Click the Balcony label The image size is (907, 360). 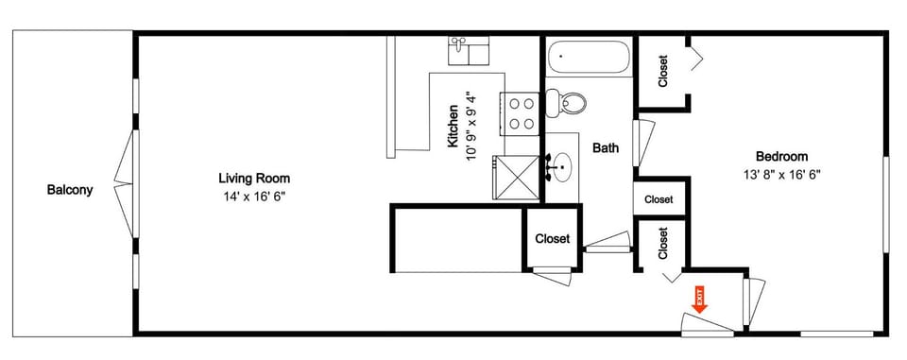pos(70,190)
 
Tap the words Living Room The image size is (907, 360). pos(254,178)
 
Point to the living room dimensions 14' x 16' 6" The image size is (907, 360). pos(253,197)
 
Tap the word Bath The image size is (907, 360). pos(606,147)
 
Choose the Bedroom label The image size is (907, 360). pos(781,156)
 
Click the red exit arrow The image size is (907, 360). pos(700,301)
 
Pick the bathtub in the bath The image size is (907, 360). pos(588,58)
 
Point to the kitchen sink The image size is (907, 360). pos(469,50)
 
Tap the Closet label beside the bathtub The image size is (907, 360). pos(663,71)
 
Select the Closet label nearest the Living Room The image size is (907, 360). pos(553,239)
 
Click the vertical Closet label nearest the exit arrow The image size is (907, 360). pos(663,244)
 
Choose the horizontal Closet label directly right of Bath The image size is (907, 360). pos(659,199)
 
